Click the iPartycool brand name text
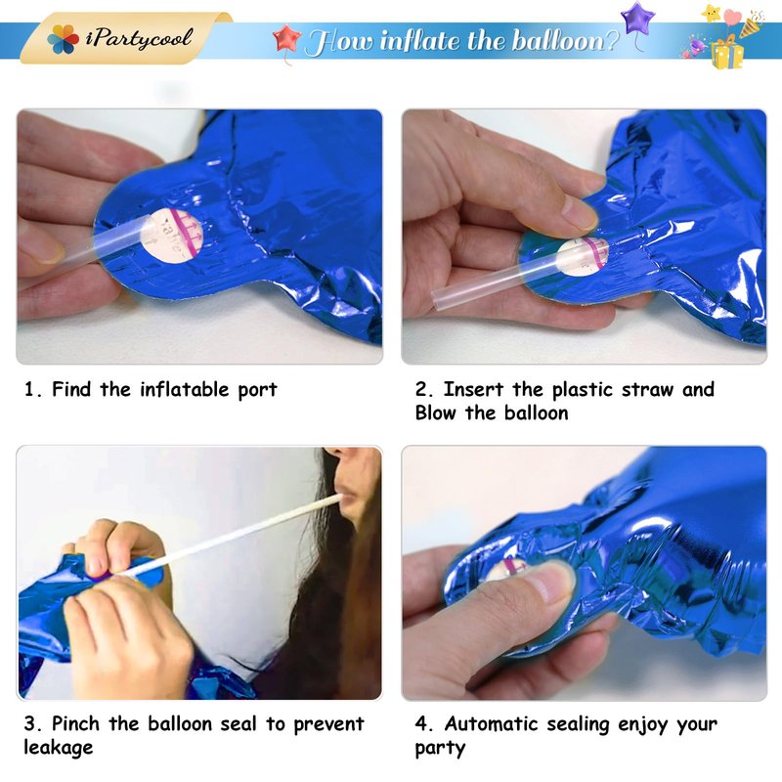tap(139, 38)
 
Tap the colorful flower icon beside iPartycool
tap(64, 39)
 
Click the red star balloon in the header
tap(286, 39)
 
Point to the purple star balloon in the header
tap(637, 19)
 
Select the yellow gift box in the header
tap(727, 54)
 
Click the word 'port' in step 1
tap(257, 390)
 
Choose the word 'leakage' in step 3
tap(59, 748)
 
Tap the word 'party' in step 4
tap(441, 749)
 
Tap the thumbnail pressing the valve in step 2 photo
tap(580, 213)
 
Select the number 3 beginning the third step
tap(29, 724)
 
